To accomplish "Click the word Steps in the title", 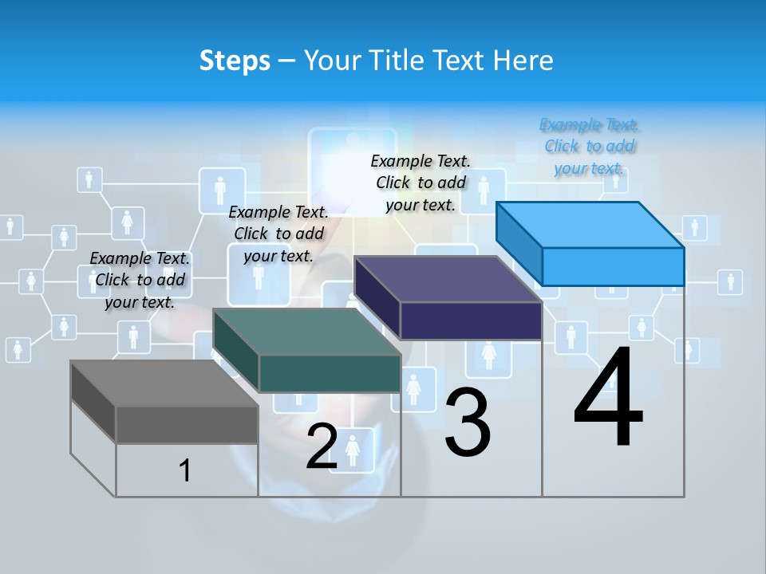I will coord(235,61).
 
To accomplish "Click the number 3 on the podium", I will coord(468,423).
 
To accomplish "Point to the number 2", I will coord(322,446).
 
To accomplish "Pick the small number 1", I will coord(184,470).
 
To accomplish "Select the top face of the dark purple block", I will coord(448,279).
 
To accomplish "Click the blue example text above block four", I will coord(590,146).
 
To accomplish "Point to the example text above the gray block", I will coord(140,280).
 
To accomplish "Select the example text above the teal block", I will coord(278,234).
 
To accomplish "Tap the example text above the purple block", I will coord(421,183).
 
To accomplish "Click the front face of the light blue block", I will coord(613,266).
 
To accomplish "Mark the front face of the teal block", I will coord(330,373).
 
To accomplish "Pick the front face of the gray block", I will coord(187,424).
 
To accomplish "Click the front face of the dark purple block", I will coord(471,320).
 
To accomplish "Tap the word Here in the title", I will coord(523,61).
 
